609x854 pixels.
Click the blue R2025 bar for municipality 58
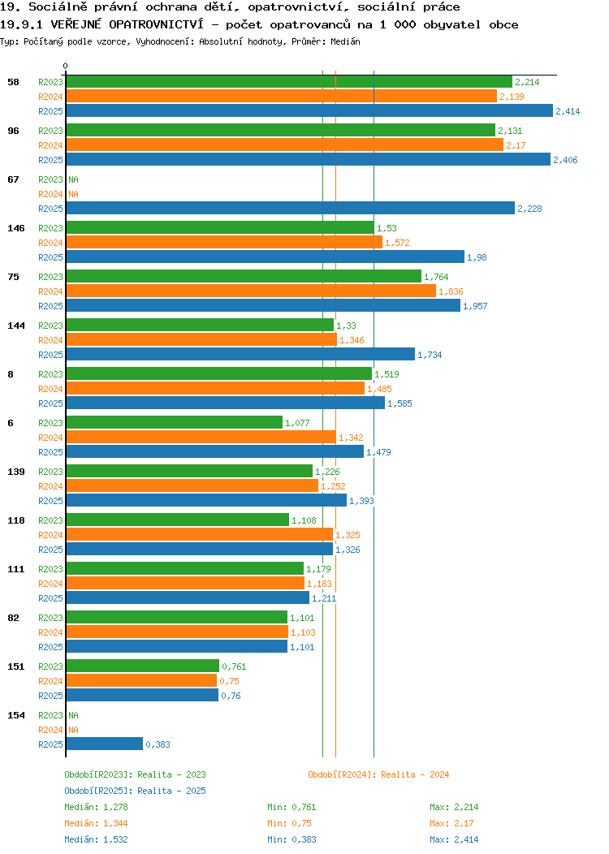pos(309,110)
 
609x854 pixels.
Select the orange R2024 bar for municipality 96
pos(285,144)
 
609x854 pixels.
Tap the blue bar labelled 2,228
pos(291,208)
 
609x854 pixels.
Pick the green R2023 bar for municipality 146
pos(220,227)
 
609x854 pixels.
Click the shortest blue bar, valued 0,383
pos(105,744)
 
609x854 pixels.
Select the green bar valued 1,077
pos(175,423)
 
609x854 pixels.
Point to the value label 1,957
pos(475,306)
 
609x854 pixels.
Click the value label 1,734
pos(430,355)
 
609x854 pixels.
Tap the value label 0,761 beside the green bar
pos(234,666)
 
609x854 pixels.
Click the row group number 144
pos(15,326)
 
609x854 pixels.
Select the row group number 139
pos(15,472)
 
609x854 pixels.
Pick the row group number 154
pos(15,715)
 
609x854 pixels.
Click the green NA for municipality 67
pos(74,179)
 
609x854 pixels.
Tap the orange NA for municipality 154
pos(74,730)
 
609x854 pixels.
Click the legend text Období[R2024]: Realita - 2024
pos(378,774)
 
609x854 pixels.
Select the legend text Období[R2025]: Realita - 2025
pos(135,791)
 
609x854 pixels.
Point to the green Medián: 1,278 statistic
pos(96,807)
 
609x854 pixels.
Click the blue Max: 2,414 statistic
pos(454,840)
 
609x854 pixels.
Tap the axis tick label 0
pos(66,66)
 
